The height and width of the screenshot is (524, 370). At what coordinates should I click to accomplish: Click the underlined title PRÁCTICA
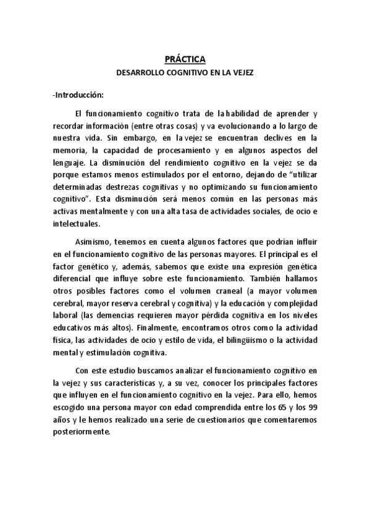(185, 59)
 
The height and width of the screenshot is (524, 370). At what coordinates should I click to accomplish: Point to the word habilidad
(242, 114)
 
